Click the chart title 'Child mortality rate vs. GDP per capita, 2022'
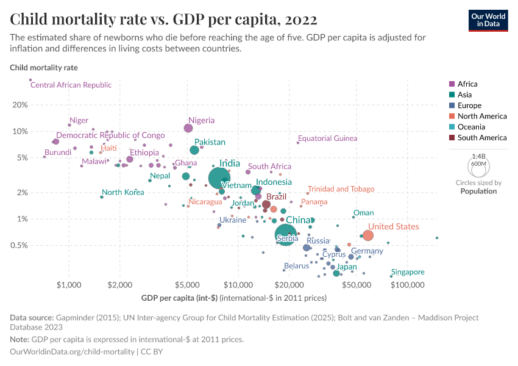click(x=163, y=20)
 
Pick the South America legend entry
click(x=478, y=138)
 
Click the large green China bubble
click(x=286, y=234)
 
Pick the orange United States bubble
click(x=367, y=235)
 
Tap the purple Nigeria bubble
click(x=188, y=128)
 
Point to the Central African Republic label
click(x=71, y=85)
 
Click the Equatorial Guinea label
click(x=327, y=138)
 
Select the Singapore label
click(x=408, y=272)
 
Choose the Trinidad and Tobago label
click(x=341, y=189)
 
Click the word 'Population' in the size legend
click(x=478, y=191)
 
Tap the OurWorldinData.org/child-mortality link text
click(x=73, y=352)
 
